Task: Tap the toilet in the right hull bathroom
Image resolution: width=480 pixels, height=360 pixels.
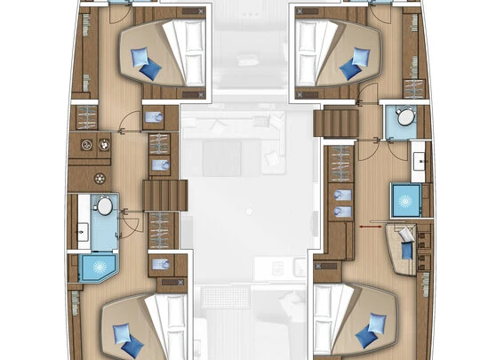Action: click(406, 116)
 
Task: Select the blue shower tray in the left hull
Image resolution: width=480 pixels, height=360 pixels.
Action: click(93, 266)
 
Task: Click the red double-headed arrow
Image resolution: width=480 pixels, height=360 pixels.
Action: click(365, 226)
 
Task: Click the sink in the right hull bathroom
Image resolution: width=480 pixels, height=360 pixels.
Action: click(419, 162)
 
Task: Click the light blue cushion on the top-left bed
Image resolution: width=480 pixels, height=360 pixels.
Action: click(140, 56)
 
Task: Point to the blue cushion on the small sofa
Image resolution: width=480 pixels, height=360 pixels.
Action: click(407, 250)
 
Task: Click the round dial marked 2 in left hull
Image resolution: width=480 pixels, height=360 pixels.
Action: click(88, 144)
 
